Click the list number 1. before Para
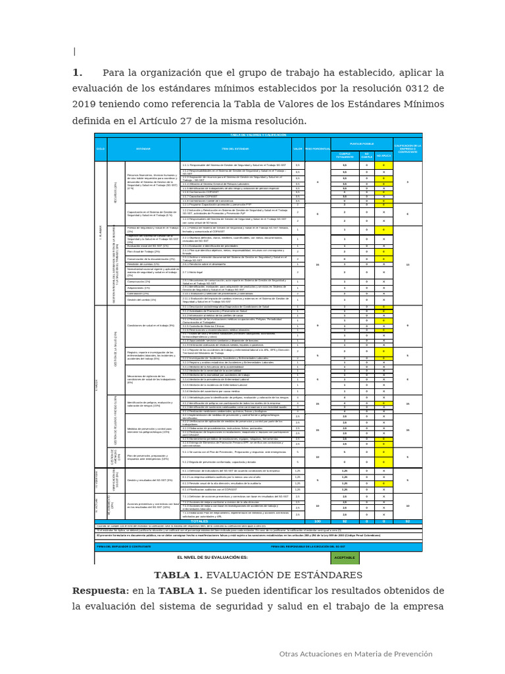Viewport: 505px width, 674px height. pyautogui.click(x=77, y=72)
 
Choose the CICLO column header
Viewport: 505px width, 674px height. pyautogui.click(x=100, y=149)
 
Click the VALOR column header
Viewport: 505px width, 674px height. pyautogui.click(x=297, y=149)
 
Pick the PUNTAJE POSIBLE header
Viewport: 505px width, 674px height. pyautogui.click(x=362, y=142)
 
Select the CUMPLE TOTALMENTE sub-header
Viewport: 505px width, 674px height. pyautogui.click(x=345, y=156)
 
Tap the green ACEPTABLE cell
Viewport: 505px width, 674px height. pyautogui.click(x=345, y=557)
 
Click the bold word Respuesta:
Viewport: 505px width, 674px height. pyautogui.click(x=101, y=590)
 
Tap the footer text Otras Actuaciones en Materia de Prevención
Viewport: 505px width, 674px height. pyautogui.click(x=356, y=654)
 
